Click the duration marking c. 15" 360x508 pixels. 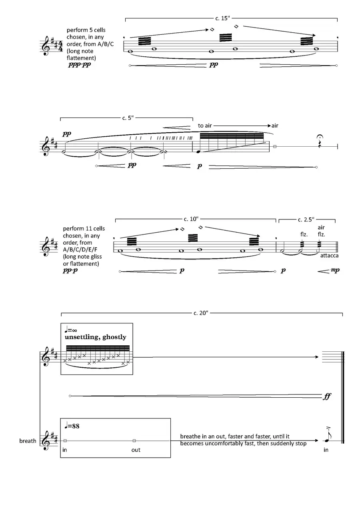click(x=223, y=18)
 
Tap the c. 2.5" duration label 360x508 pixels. click(x=306, y=219)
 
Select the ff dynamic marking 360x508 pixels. click(x=327, y=397)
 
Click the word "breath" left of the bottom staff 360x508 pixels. click(x=28, y=441)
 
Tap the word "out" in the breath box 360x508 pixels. click(x=136, y=450)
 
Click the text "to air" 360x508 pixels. click(x=205, y=126)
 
